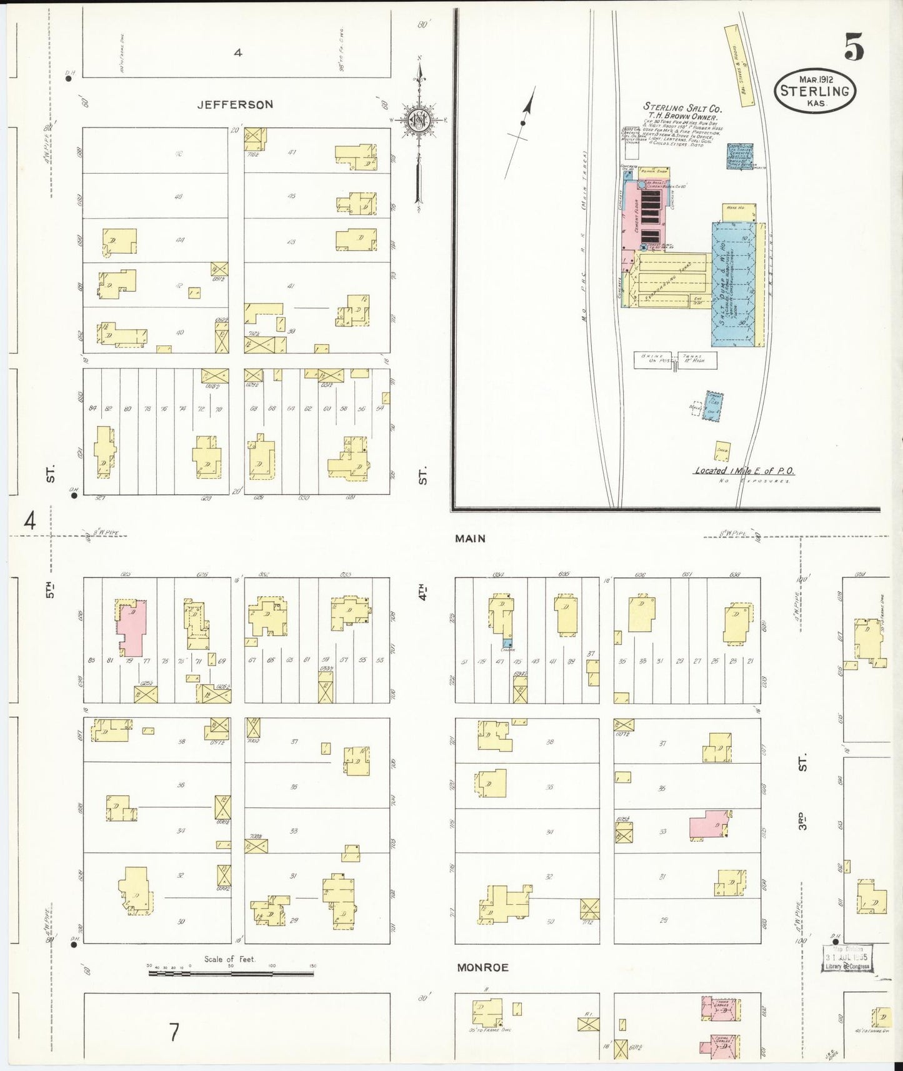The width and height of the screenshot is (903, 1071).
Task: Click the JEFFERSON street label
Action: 235,104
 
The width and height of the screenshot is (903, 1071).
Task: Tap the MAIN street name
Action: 470,538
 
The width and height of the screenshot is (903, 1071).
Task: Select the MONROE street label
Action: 482,967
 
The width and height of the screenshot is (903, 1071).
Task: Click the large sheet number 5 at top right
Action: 854,47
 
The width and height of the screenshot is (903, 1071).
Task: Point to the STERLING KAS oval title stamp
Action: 815,91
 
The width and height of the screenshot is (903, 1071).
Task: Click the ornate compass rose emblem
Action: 417,120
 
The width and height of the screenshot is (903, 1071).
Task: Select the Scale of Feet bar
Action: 231,973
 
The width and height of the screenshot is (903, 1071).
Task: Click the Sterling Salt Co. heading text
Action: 682,108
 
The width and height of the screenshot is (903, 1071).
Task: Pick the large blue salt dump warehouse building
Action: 733,284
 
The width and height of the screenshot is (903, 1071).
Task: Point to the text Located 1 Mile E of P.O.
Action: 744,471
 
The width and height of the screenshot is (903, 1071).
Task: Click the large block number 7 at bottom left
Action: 174,1032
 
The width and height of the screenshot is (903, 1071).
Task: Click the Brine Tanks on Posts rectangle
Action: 675,360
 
